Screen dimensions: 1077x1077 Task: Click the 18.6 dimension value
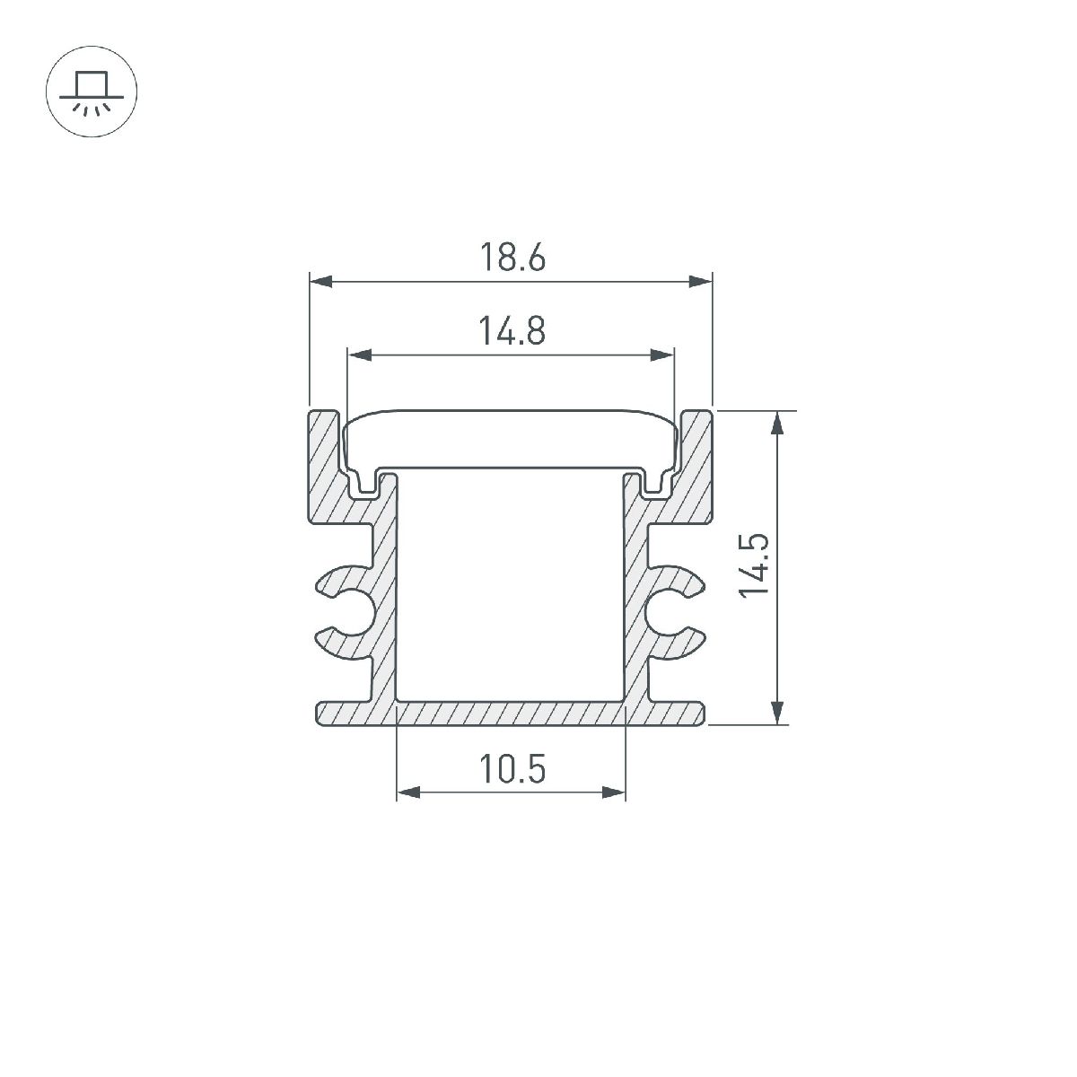511,258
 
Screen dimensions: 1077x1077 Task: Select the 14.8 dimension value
511,331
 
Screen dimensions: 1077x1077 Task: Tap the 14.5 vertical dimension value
754,565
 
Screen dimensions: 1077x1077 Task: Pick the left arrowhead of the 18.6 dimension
318,283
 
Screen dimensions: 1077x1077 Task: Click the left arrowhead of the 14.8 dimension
355,356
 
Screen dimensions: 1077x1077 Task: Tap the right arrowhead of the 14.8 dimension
665,356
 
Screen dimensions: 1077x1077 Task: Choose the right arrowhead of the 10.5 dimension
617,792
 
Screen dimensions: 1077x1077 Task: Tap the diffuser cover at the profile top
511,440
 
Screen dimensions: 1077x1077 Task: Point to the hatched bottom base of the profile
511,714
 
